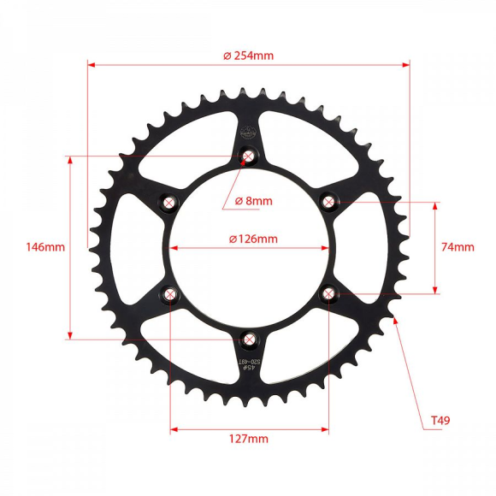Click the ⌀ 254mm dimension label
(248, 55)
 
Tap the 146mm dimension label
(45, 247)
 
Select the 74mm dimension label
(458, 247)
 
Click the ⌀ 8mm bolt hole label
(253, 201)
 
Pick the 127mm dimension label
(249, 439)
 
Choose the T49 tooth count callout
(440, 420)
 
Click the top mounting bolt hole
(249, 156)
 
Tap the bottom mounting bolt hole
(249, 340)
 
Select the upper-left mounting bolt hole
(169, 203)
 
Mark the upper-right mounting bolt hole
(328, 202)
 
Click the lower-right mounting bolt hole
(328, 293)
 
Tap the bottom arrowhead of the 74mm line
(436, 290)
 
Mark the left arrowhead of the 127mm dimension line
(174, 427)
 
